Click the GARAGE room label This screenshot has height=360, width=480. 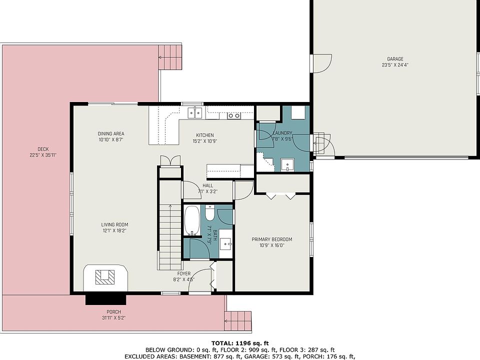point(395,59)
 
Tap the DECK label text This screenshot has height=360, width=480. point(43,149)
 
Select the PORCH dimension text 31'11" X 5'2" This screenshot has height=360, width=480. point(113,318)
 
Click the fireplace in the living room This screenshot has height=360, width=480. point(105,278)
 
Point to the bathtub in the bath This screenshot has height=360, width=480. point(192,220)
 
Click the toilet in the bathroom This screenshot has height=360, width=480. point(209,213)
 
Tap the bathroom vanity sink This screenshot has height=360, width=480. point(226,243)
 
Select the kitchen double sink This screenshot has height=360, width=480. point(195,112)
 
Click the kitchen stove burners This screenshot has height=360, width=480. point(234,115)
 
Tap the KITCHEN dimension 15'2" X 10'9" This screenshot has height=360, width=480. point(205,141)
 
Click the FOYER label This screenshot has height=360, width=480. point(183,273)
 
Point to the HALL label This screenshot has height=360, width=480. point(208,185)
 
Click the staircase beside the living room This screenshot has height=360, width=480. point(170,236)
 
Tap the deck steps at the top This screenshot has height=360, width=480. point(170,57)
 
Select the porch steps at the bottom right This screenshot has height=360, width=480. point(238,321)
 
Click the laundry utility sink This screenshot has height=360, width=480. point(287,164)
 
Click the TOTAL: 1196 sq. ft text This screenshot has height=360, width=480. point(240,343)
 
